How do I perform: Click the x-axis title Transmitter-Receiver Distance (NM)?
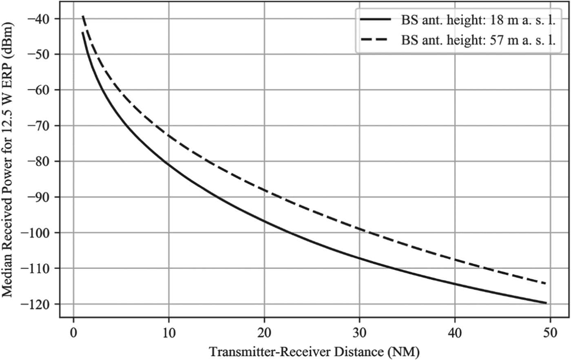pos(314,351)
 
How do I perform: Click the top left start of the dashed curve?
pos(83,16)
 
